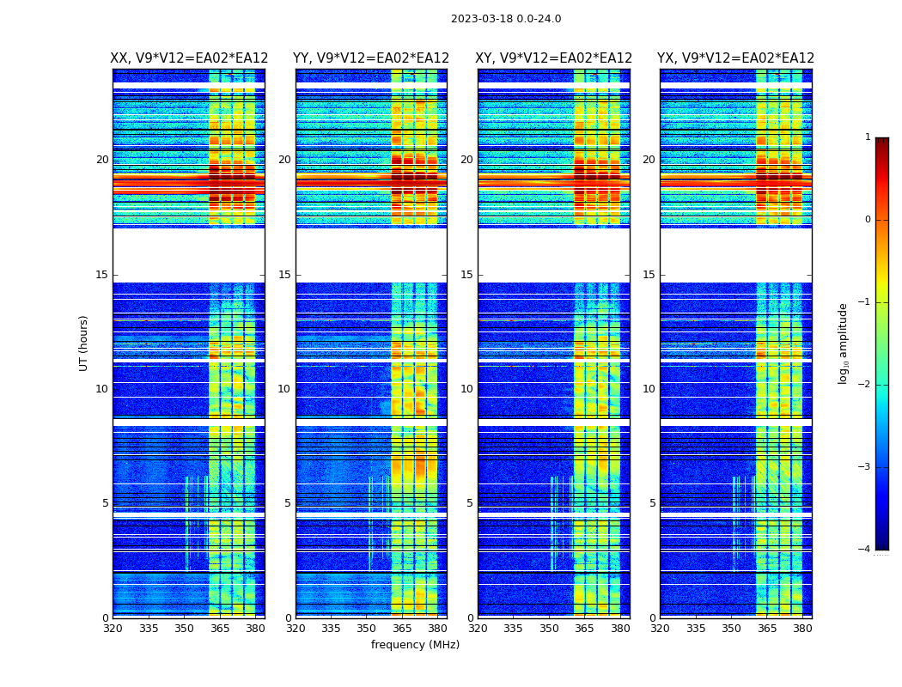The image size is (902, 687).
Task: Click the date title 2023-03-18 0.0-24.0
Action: (x=506, y=19)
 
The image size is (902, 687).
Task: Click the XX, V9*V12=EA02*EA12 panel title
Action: (x=189, y=58)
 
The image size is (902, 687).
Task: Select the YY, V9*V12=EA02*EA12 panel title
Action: (x=371, y=58)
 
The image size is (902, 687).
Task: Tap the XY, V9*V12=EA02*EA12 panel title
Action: (x=554, y=58)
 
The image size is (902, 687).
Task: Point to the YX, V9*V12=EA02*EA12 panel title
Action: (x=735, y=58)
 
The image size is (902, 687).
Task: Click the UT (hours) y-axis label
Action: (x=83, y=343)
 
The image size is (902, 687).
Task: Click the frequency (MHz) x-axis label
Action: (x=415, y=645)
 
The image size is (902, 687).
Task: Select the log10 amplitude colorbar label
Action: (x=844, y=343)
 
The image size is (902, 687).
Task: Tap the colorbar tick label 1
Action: (x=868, y=137)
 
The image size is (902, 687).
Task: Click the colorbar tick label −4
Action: (x=865, y=550)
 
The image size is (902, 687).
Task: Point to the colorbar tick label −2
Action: (x=865, y=385)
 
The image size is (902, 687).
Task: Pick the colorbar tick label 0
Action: (x=868, y=220)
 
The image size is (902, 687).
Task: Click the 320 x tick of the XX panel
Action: (x=113, y=629)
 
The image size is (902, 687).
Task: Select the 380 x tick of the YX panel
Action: (x=802, y=629)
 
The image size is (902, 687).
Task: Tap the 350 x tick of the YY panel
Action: (x=367, y=629)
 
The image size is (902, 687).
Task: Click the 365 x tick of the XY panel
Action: (x=585, y=629)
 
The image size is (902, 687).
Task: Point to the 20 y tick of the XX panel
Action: (x=102, y=160)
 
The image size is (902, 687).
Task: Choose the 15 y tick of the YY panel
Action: (x=284, y=275)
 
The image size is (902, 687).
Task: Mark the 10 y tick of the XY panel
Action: (x=466, y=389)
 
